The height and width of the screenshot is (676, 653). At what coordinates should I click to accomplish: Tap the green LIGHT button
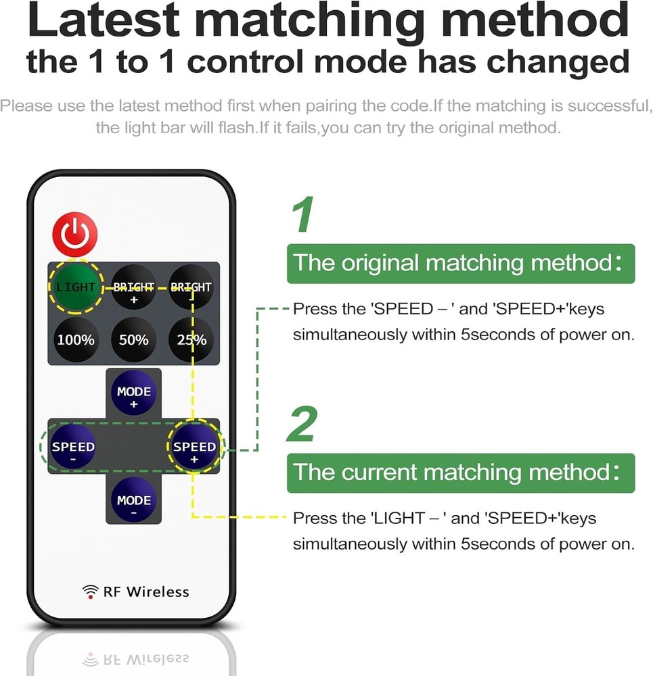pos(75,287)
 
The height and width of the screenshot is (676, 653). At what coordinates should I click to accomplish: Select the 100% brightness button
pos(75,339)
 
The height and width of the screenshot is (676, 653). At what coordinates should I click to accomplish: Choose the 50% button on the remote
pos(133,339)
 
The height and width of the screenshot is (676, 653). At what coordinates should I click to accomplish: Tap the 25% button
pos(191,339)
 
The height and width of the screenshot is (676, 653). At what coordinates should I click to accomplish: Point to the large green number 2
pos(302,425)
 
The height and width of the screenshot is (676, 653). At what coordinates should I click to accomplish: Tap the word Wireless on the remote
pos(157,592)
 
